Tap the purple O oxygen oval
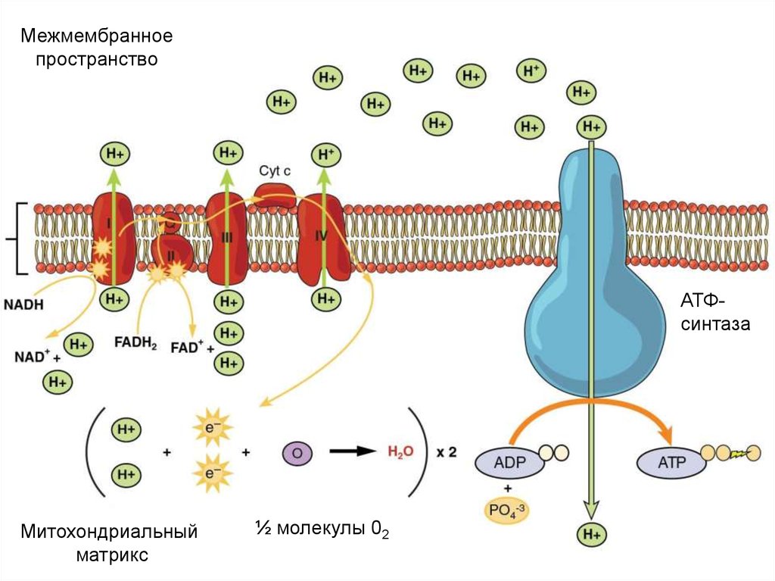[297, 452]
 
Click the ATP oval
[671, 461]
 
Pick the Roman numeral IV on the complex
[321, 236]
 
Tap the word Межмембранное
[97, 36]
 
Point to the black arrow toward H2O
[353, 451]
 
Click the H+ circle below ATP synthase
[592, 533]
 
